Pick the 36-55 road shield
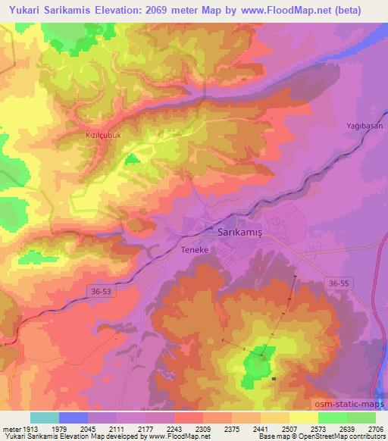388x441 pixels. tap(340, 282)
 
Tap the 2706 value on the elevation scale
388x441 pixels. tap(374, 428)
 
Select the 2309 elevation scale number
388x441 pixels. tap(202, 428)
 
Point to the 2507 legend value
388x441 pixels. tap(289, 428)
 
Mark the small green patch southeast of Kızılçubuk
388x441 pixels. tap(131, 159)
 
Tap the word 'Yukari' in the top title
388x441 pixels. tap(23, 11)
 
